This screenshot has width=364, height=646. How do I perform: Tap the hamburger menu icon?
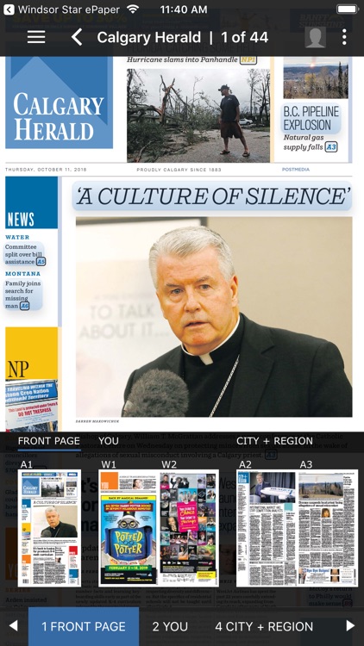pyautogui.click(x=36, y=37)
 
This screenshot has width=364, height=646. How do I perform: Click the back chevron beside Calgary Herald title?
pyautogui.click(x=77, y=37)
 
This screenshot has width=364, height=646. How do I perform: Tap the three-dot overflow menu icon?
pyautogui.click(x=344, y=37)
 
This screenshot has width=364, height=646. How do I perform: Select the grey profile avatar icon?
pyautogui.click(x=315, y=37)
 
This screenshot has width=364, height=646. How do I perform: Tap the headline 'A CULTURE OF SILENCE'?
pyautogui.click(x=212, y=196)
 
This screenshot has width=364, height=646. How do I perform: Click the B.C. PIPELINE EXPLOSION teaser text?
pyautogui.click(x=311, y=119)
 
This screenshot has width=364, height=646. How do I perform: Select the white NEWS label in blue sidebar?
pyautogui.click(x=21, y=220)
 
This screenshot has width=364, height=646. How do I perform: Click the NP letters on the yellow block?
pyautogui.click(x=18, y=370)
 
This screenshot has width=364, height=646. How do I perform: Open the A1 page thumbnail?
pyautogui.click(x=50, y=528)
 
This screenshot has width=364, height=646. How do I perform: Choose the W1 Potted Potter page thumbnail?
pyautogui.click(x=128, y=528)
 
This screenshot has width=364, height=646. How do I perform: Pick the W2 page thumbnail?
pyautogui.click(x=189, y=528)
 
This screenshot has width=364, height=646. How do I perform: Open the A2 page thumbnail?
pyautogui.click(x=267, y=528)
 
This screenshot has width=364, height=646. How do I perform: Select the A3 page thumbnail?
pyautogui.click(x=328, y=528)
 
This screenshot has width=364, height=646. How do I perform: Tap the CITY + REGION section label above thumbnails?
pyautogui.click(x=274, y=441)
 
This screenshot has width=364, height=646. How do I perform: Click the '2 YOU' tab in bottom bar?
pyautogui.click(x=170, y=626)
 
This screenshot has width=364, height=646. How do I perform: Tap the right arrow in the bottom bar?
pyautogui.click(x=350, y=626)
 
